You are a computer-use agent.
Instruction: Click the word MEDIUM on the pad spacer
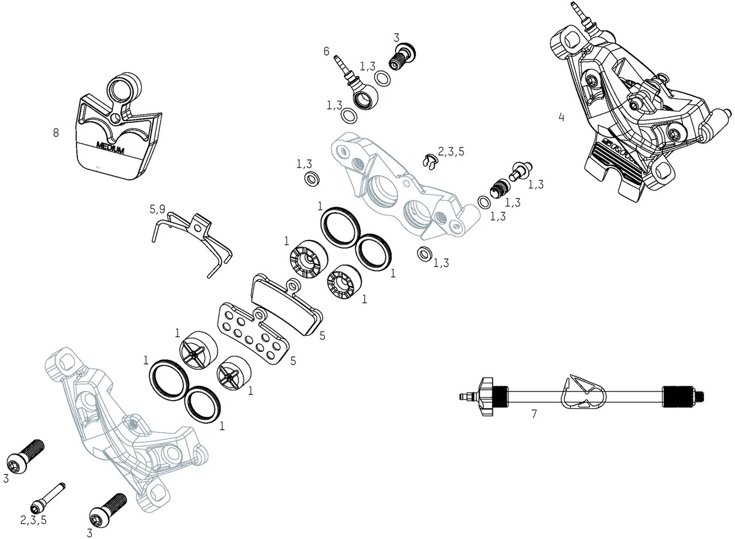point(110,148)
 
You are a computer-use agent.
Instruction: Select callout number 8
point(56,133)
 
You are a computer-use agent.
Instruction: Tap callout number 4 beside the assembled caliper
point(561,118)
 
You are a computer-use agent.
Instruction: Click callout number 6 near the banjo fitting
point(326,52)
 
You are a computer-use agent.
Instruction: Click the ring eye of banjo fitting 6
point(364,99)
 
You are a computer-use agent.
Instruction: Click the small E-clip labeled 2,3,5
point(428,162)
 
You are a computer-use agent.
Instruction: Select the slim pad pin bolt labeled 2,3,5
point(49,497)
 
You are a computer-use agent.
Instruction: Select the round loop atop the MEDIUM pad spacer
point(123,87)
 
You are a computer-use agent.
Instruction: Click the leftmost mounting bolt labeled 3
point(26,453)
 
